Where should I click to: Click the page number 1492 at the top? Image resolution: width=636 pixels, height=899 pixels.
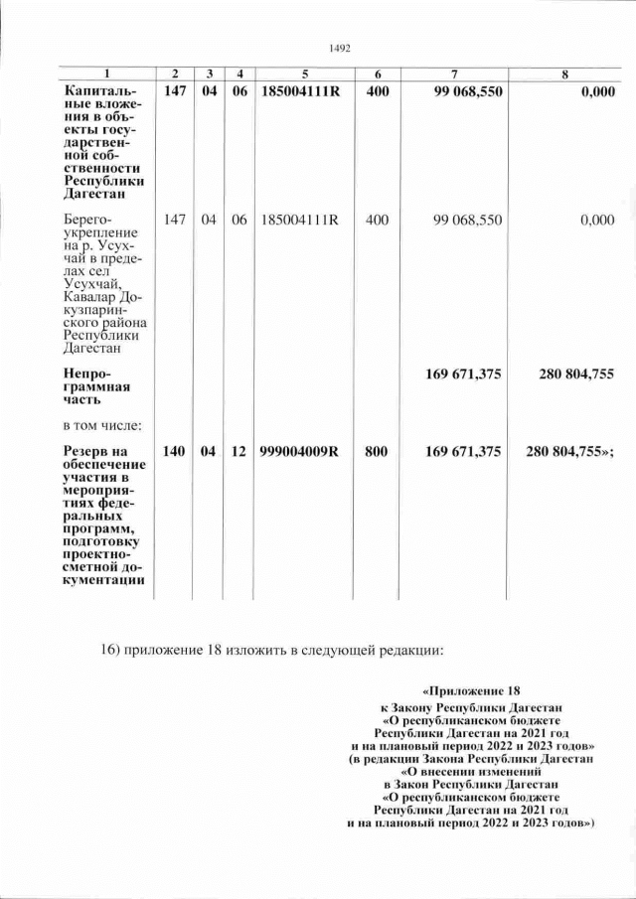tap(340, 47)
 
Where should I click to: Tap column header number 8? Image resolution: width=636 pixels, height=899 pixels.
tap(564, 75)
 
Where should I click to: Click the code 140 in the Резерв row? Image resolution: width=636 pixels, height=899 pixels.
tap(174, 452)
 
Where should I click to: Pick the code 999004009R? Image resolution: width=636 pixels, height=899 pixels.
tap(299, 452)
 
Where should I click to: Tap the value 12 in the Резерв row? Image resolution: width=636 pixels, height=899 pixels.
tap(238, 452)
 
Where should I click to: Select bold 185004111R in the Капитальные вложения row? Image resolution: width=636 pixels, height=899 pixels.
tap(299, 91)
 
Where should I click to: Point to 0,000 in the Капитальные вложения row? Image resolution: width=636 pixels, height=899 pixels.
tap(595, 91)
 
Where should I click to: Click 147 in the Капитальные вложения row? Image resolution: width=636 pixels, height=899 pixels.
tap(174, 91)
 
